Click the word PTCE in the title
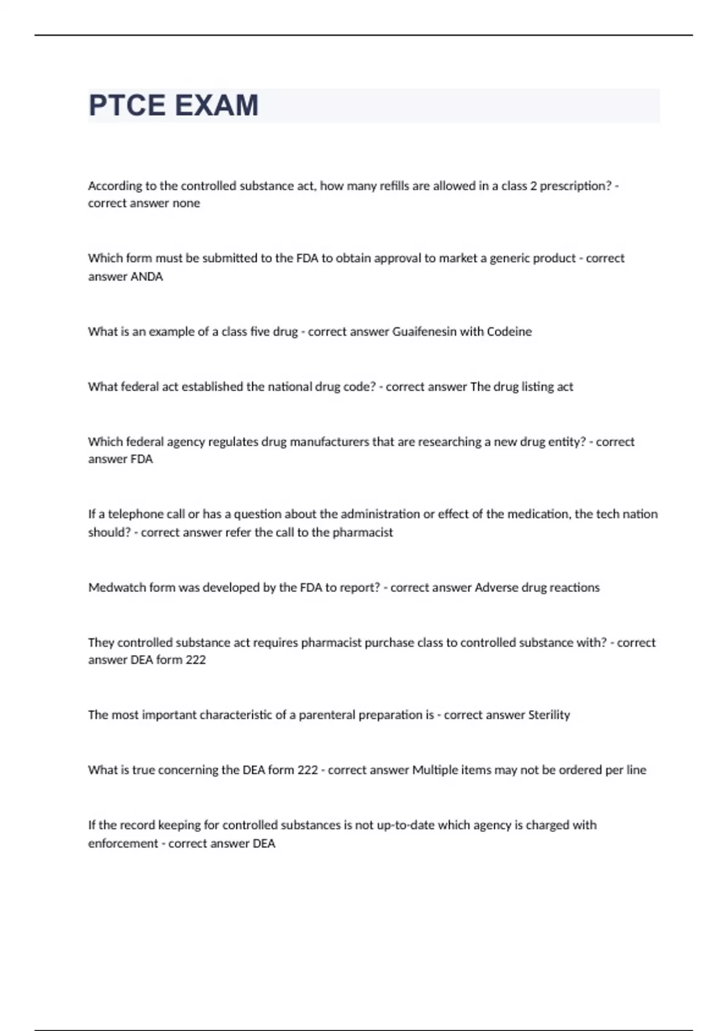pyautogui.click(x=127, y=106)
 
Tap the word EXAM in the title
pyautogui.click(x=216, y=106)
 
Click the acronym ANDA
pyautogui.click(x=147, y=277)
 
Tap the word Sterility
pyautogui.click(x=548, y=714)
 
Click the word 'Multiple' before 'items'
pyautogui.click(x=435, y=770)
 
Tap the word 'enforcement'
pyautogui.click(x=123, y=843)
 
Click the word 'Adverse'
pyautogui.click(x=495, y=587)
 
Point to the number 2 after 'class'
pyautogui.click(x=533, y=186)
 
